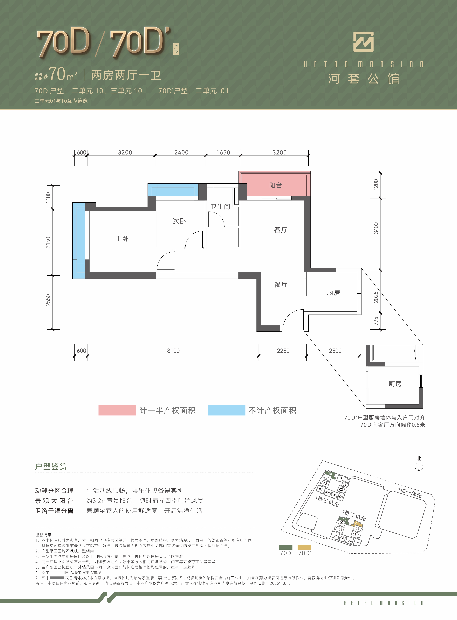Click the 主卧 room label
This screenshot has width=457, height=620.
pos(122,239)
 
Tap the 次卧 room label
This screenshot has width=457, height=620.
pos(179,221)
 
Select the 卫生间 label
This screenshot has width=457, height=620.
pos(220,207)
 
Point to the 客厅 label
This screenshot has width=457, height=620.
pos(281,230)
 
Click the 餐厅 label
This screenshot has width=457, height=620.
pos(281,285)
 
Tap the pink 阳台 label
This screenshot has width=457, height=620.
pos(276,185)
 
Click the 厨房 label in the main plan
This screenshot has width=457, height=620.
pos(333,293)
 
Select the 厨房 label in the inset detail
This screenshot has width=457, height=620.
pos(395,384)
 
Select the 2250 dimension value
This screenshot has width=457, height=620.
pos(283,351)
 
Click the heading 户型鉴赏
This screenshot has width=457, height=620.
pos(51,466)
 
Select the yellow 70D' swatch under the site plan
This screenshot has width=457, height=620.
pos(304,547)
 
